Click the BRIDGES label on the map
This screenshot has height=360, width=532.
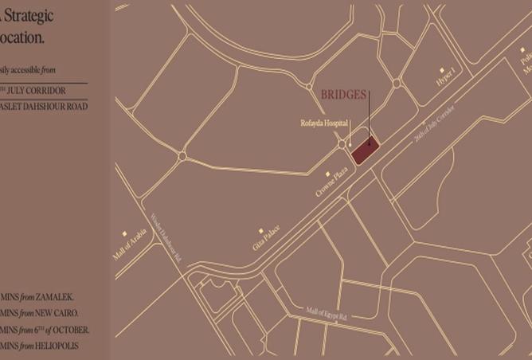(x=343, y=95)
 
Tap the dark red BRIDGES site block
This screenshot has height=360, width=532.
(x=365, y=150)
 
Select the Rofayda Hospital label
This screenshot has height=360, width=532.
(x=326, y=123)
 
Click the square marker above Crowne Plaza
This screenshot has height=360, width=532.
(x=327, y=174)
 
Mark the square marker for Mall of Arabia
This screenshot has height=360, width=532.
(x=124, y=233)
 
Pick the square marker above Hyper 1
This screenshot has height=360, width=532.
(x=443, y=70)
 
